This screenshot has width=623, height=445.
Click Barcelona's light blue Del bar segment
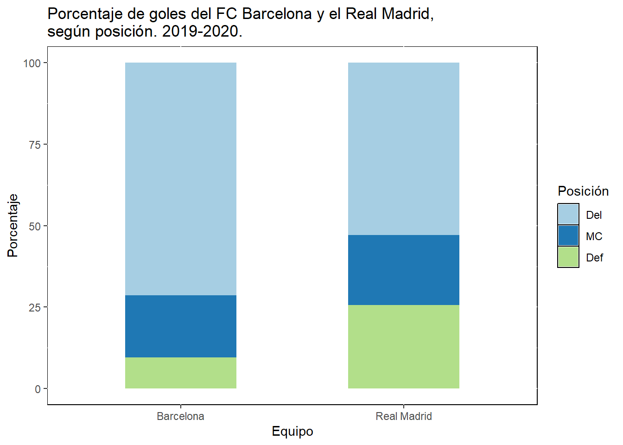181,178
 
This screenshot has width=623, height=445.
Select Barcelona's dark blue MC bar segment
181,326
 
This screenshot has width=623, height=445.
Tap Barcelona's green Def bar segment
181,373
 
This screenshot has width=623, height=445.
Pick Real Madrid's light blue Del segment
403,148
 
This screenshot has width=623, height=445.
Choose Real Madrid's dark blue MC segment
403,270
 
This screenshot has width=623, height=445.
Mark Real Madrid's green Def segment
403,347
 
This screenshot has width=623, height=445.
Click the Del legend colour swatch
568,215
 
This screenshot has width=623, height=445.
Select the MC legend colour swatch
568,236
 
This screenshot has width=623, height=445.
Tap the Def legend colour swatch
568,257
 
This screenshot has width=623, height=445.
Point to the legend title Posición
583,191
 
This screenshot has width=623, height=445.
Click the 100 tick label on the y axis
32,63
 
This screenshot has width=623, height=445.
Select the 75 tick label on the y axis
35,145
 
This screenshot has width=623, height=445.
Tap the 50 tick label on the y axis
35,226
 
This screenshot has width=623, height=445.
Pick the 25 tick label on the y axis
35,307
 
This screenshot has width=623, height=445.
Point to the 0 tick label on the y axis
38,389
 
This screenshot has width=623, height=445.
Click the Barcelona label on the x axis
180,416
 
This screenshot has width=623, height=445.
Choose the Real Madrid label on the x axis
403,416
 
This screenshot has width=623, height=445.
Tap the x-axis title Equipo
292,431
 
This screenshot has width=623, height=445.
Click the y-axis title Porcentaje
13,225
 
